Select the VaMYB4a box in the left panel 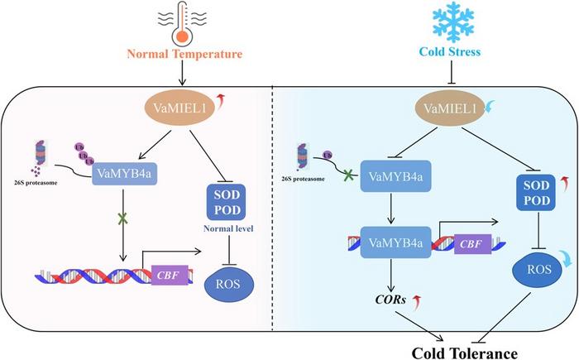pos(136,175)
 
